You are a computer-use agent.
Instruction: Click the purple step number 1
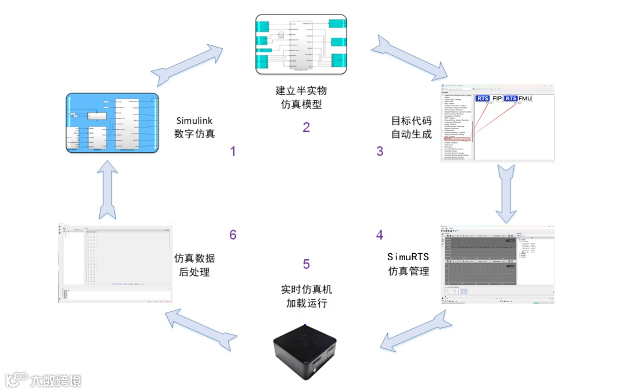233,152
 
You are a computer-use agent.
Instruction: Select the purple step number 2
306,127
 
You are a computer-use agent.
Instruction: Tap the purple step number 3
380,152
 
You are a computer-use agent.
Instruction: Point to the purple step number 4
380,235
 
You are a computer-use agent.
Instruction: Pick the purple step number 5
306,264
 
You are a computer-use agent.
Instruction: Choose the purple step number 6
233,235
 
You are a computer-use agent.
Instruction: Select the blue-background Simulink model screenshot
113,123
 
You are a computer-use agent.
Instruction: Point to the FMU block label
525,98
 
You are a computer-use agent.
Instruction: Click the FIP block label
497,98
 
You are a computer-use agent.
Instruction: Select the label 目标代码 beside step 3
411,121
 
